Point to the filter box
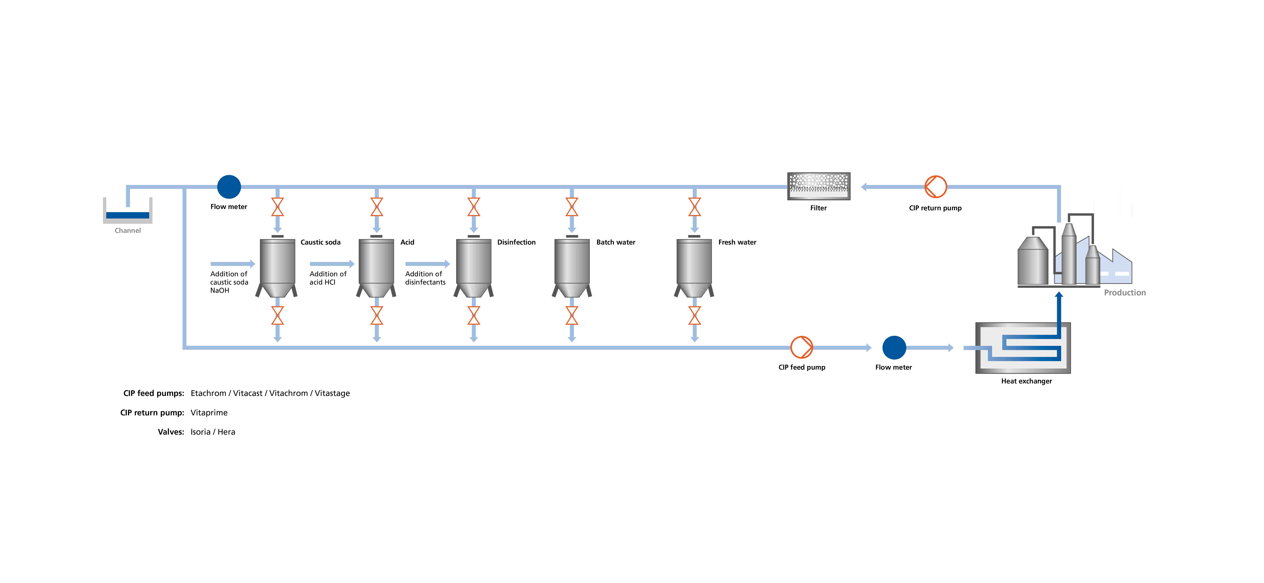coord(818,186)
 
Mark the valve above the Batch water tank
coord(572,207)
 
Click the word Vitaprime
coord(209,412)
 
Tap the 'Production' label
coord(1125,293)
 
